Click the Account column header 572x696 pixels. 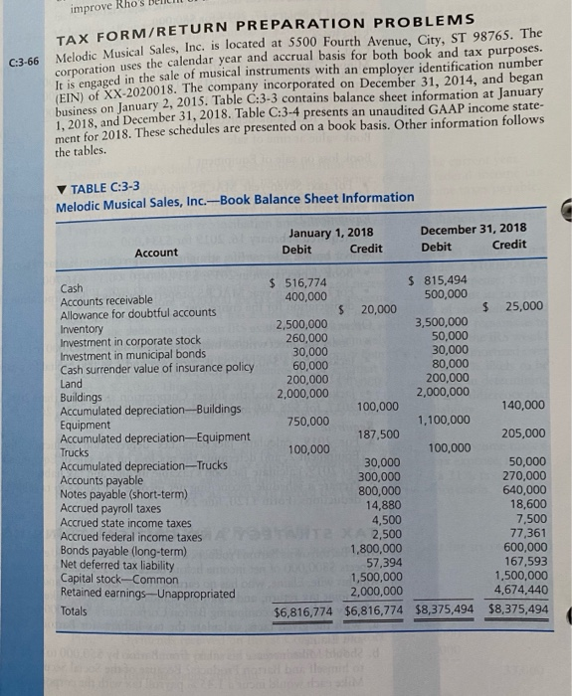tap(156, 253)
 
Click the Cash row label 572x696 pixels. tap(72, 289)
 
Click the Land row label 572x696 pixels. tap(72, 382)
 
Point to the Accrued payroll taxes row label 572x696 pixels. tap(108, 507)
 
